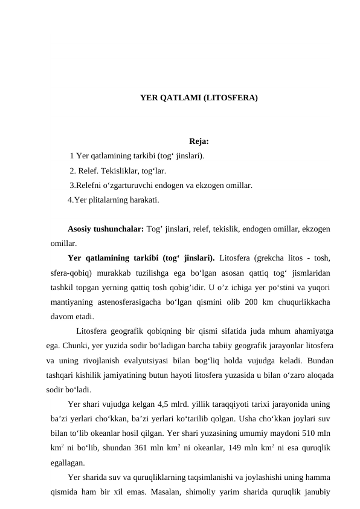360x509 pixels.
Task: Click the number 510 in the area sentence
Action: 306,433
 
